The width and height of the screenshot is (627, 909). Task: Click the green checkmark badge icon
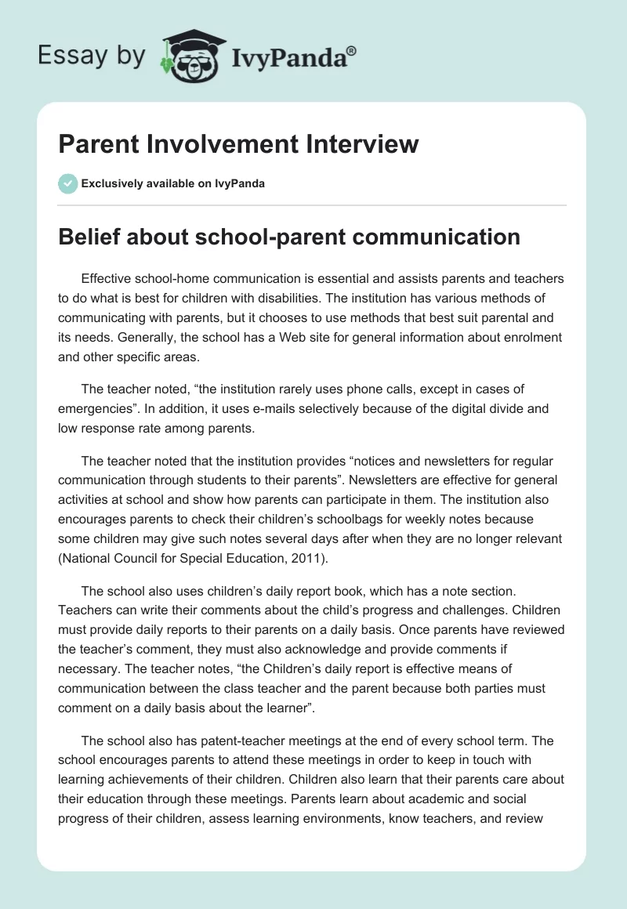pyautogui.click(x=68, y=183)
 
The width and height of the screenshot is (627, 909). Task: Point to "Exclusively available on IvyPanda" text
pyautogui.click(x=172, y=183)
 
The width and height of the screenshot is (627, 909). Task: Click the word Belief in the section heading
pyautogui.click(x=90, y=236)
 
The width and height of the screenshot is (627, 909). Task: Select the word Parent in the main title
pyautogui.click(x=93, y=144)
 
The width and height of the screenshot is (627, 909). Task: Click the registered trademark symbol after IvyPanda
pyautogui.click(x=352, y=50)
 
